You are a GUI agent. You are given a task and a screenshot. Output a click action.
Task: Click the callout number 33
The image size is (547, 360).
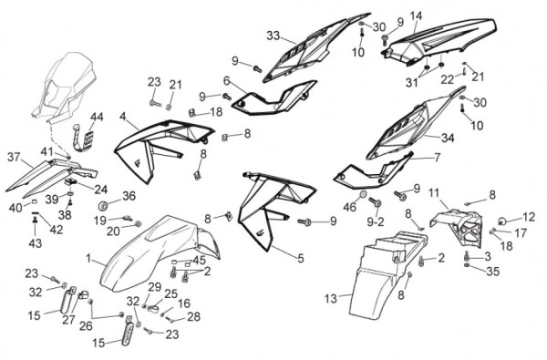(273, 36)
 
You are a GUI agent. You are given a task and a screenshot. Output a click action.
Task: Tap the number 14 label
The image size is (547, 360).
(416, 15)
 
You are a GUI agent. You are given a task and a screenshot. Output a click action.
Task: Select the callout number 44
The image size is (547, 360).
(97, 117)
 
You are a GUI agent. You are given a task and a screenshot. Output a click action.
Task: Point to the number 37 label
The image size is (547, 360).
(14, 157)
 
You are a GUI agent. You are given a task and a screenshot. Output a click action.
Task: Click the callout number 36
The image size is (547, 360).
(129, 196)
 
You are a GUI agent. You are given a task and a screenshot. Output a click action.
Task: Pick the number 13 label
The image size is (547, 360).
(331, 299)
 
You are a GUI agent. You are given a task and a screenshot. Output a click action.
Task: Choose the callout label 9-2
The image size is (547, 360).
(376, 221)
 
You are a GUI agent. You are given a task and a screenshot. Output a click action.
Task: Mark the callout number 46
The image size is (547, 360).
(350, 207)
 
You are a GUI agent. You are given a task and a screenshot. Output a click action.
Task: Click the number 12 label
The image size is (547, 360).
(529, 217)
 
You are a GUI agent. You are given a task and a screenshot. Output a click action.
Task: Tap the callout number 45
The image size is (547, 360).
(199, 261)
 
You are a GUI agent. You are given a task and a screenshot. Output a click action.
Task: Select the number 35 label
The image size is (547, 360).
(492, 271)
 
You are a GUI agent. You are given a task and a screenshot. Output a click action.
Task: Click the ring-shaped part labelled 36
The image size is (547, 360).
(104, 206)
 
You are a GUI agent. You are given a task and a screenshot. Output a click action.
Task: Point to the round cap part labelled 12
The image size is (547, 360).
(501, 221)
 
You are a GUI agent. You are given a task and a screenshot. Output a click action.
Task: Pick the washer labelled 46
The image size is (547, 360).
(363, 194)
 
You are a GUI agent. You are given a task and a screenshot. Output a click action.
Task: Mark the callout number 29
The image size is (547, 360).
(155, 287)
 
